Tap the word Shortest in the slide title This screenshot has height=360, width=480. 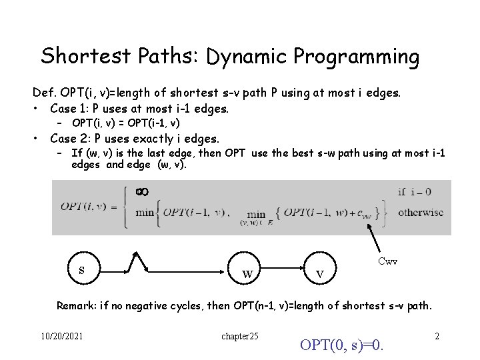tap(84, 55)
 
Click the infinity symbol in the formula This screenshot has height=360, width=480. tap(141, 192)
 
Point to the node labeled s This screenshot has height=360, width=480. tap(81, 270)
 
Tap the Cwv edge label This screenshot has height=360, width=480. tap(387, 261)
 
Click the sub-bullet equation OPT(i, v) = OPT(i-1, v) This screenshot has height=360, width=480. tap(125, 123)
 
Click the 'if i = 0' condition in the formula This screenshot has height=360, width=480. tap(415, 192)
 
